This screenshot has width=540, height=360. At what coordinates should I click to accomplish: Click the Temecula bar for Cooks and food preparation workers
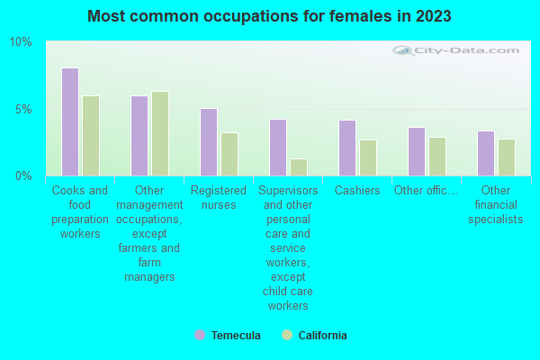[x=69, y=121]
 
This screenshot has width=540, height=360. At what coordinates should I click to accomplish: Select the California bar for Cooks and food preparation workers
[x=91, y=136]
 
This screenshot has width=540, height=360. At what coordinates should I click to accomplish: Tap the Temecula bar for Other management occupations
[x=139, y=136]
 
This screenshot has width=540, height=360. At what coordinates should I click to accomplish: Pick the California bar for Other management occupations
[x=160, y=133]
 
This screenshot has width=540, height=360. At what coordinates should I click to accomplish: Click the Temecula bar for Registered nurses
[x=209, y=142]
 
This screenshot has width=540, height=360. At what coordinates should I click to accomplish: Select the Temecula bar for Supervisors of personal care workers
[x=278, y=148]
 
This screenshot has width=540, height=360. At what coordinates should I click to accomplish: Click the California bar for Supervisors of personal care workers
[x=299, y=167]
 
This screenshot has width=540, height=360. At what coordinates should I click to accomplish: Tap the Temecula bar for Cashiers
[x=347, y=148]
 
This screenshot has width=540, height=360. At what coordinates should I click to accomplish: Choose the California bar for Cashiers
[x=368, y=157]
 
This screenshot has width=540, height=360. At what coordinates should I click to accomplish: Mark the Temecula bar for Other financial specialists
[x=486, y=153]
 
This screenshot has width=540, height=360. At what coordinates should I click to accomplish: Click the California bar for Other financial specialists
[x=507, y=157]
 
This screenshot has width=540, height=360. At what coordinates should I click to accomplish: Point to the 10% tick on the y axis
[x=21, y=42]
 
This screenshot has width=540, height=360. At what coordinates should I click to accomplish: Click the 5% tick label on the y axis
[x=23, y=109]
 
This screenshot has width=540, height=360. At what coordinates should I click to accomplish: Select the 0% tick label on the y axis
[x=23, y=175]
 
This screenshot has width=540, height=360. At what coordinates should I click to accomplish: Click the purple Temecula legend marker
[x=199, y=335]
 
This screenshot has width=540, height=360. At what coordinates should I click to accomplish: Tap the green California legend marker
[x=287, y=335]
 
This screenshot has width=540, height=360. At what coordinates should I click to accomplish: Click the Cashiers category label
[x=357, y=191]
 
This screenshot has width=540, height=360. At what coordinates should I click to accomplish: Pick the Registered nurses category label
[x=219, y=197]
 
